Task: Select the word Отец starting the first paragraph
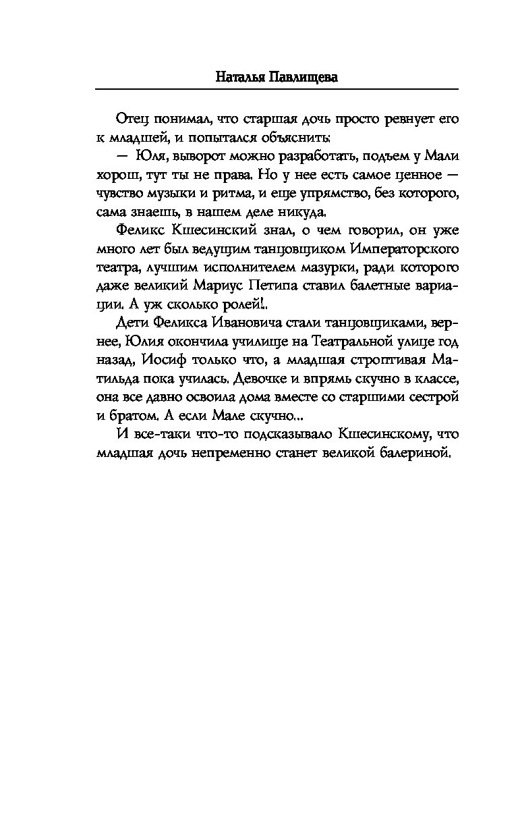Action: [132, 119]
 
